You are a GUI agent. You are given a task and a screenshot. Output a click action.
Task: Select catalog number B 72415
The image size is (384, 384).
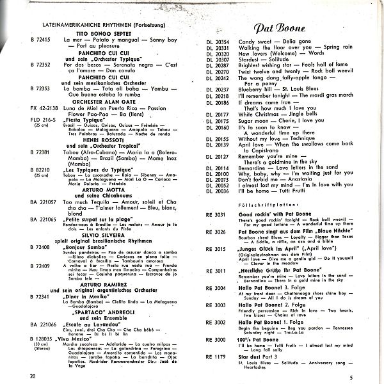40,40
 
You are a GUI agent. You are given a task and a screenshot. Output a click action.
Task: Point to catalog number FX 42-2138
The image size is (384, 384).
43,109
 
